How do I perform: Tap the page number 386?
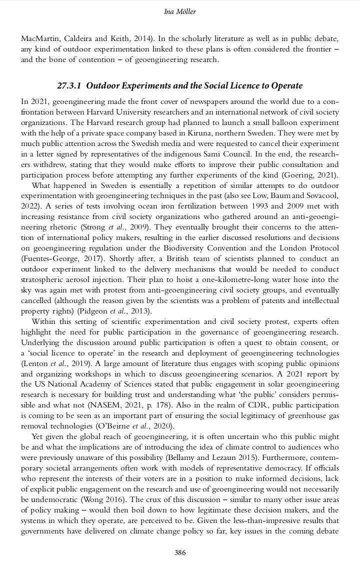pos(180,552)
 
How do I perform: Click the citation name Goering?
pos(295,175)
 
